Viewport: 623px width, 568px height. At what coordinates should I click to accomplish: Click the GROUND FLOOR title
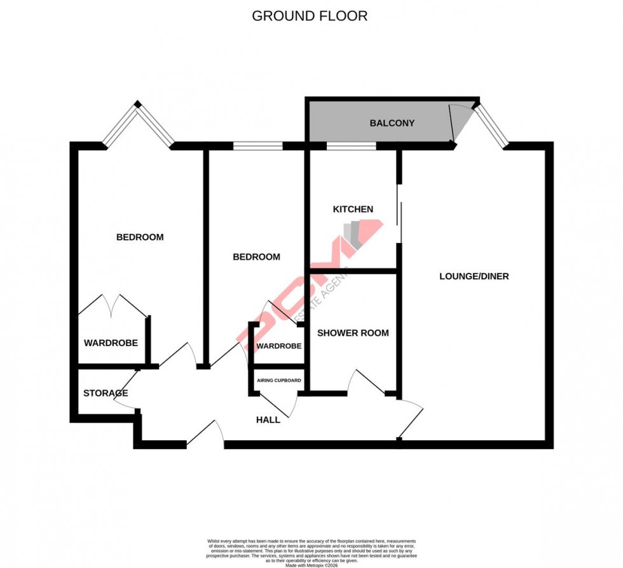coord(310,16)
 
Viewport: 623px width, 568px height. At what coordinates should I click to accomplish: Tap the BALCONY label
coord(392,123)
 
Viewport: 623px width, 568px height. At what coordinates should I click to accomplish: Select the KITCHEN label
coord(353,209)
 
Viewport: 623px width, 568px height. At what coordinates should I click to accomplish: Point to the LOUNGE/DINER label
coord(474,276)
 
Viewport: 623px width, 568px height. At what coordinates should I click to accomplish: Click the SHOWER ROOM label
coord(353,333)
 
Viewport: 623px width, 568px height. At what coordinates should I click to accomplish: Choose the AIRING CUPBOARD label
coord(278,380)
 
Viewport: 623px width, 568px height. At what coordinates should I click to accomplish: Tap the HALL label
coord(268,420)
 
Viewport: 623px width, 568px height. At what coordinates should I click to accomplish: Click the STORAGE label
coord(106,393)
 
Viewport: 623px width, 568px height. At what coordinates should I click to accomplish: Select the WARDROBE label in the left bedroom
coord(111,343)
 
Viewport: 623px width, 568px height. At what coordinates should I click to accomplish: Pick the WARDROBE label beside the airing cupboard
coord(278,346)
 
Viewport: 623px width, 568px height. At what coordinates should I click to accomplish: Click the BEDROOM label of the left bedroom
coord(140,237)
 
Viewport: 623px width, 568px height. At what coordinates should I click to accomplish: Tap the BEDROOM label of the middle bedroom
coord(256,257)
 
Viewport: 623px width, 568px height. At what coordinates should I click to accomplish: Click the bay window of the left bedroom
coord(138,125)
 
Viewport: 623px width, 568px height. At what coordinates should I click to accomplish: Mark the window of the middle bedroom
coord(257,146)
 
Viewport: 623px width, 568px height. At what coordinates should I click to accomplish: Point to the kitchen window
coord(351,146)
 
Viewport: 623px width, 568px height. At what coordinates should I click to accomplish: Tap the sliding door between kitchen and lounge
coord(399,213)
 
